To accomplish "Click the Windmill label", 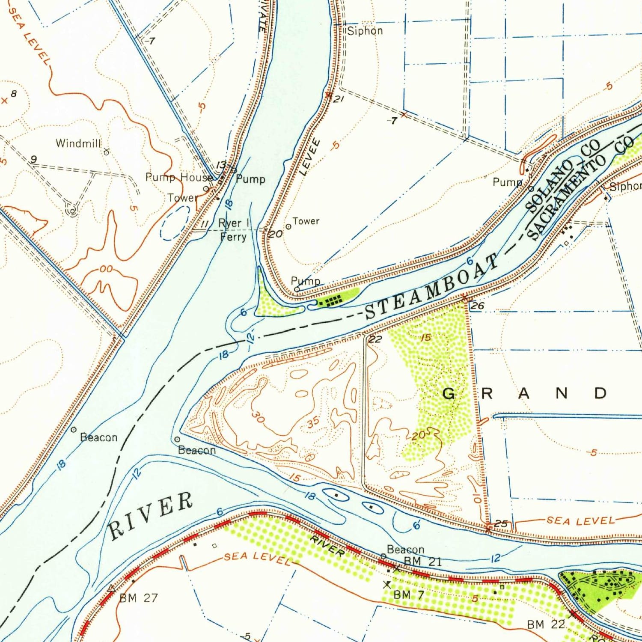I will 78,143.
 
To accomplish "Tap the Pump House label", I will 179,177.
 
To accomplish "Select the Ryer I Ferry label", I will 234,230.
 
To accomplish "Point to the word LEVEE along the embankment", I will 311,157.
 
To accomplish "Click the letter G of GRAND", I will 448,393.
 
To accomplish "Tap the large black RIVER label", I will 150,516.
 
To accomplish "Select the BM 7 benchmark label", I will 408,594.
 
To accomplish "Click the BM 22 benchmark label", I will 546,624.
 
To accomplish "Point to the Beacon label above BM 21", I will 405,549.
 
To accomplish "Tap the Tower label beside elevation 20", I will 306,221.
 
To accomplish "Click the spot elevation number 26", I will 477,306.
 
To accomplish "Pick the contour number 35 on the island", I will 313,422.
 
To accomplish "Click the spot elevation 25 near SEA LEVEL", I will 501,523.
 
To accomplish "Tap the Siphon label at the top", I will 365,31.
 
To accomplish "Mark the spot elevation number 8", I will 14,94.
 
